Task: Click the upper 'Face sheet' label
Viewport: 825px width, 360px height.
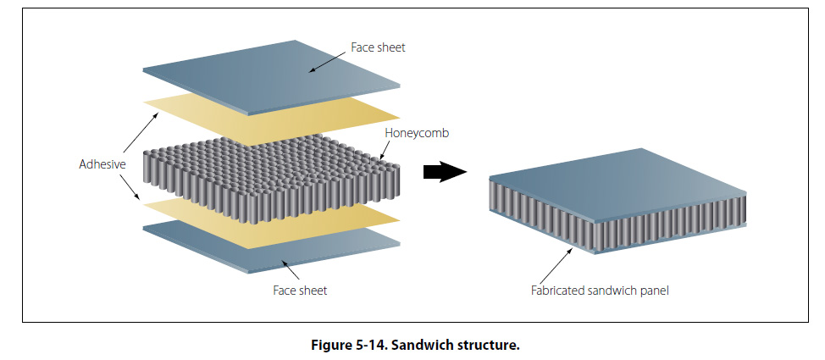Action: coord(378,47)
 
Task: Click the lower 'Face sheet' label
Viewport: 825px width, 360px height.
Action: coord(300,291)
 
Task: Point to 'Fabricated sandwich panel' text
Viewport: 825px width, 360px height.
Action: coord(600,291)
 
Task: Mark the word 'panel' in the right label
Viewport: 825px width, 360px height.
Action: coord(654,291)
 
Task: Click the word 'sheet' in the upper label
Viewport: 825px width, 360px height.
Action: coord(390,47)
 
